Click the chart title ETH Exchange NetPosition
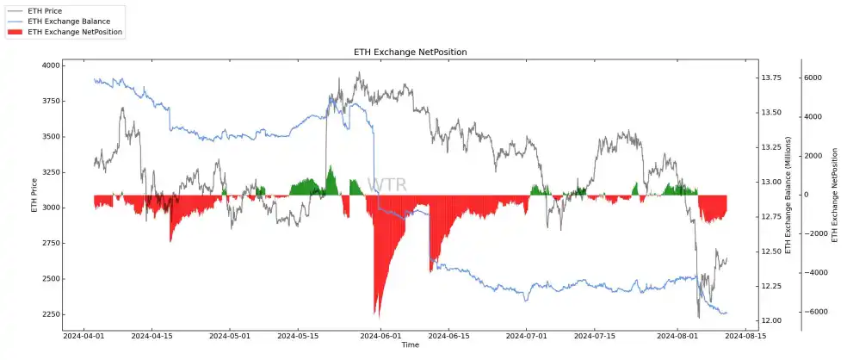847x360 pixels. pyautogui.click(x=410, y=53)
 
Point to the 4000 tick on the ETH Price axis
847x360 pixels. pyautogui.click(x=50, y=65)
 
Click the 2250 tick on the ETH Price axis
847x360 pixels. pyautogui.click(x=50, y=313)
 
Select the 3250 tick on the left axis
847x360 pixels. pyautogui.click(x=50, y=172)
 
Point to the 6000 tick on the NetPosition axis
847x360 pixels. pyautogui.click(x=813, y=78)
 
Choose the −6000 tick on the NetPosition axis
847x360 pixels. pyautogui.click(x=811, y=312)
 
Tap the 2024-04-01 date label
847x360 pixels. pyautogui.click(x=84, y=336)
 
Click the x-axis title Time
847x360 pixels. pyautogui.click(x=410, y=345)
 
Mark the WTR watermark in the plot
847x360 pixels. pyautogui.click(x=386, y=185)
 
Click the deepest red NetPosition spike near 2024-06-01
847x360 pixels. pyautogui.click(x=376, y=313)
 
